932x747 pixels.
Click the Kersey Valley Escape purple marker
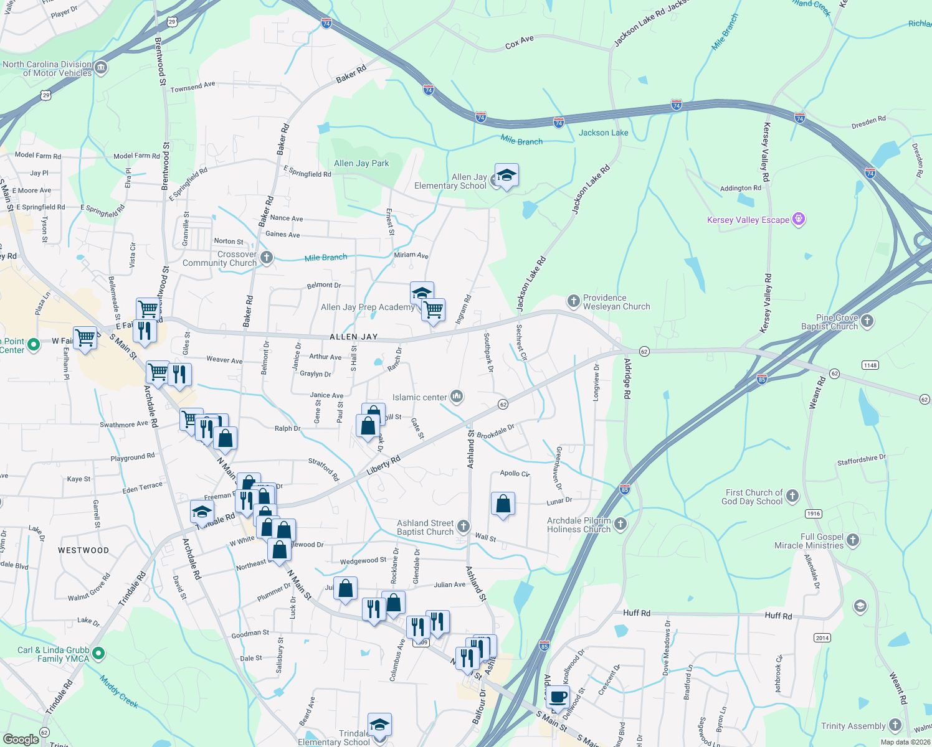(799, 219)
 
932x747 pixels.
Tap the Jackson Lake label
(603, 133)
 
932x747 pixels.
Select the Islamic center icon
(457, 397)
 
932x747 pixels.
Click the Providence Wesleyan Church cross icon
(573, 301)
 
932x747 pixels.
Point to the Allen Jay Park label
(361, 163)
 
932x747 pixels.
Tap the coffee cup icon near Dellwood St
(558, 697)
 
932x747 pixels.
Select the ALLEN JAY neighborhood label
(353, 337)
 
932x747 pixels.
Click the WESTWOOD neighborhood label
(83, 550)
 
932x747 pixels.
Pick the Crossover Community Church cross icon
(267, 258)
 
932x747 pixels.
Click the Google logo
(21, 739)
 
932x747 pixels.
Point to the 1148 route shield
(870, 365)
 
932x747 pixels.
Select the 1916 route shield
(814, 514)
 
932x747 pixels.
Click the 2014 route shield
(822, 637)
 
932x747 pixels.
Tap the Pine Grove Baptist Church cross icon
(867, 321)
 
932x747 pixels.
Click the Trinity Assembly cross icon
(895, 725)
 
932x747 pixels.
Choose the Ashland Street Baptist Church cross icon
(463, 527)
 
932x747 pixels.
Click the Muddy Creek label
(119, 692)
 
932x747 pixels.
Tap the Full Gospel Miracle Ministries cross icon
(853, 540)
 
